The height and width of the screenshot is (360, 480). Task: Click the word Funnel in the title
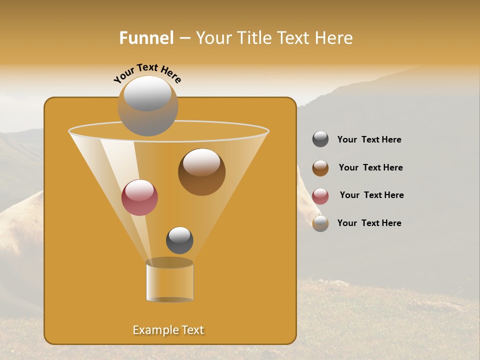[146, 38]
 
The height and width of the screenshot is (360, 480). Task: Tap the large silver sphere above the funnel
[147, 105]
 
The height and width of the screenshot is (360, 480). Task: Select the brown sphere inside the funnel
[201, 172]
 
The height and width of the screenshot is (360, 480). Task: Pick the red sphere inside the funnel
[139, 197]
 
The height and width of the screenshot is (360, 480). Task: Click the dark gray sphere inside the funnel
[179, 240]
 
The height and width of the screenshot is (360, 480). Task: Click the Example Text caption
[168, 330]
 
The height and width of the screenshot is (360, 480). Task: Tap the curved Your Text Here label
[147, 73]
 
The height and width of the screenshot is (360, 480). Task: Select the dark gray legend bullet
[320, 139]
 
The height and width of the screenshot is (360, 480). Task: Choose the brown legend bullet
[320, 168]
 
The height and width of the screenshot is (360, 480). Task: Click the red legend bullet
[320, 196]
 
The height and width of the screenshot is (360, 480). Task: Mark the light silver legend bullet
[320, 223]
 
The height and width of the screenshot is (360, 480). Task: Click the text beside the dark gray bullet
[369, 139]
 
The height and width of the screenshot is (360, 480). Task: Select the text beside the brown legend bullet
[370, 167]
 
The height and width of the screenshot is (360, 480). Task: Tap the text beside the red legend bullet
[371, 195]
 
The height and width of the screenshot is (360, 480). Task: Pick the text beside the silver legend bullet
[369, 223]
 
